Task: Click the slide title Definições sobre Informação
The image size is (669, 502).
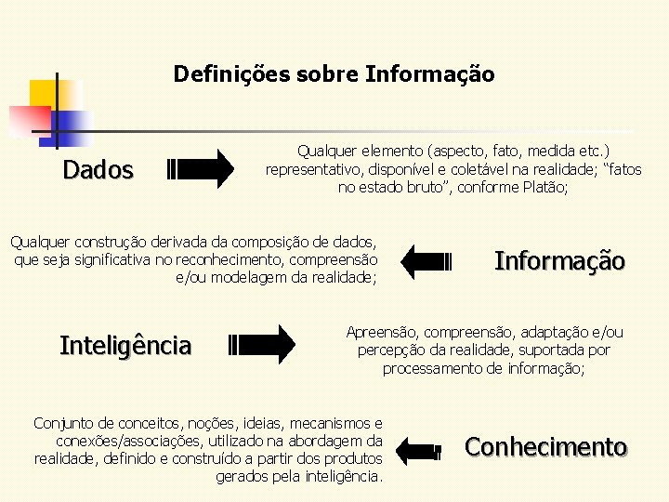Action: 334,73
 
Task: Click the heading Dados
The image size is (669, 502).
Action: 98,170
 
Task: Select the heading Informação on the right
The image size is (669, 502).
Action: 559,260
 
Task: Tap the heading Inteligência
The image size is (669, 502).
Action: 125,346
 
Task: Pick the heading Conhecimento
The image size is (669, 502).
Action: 545,447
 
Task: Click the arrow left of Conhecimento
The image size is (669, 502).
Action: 419,450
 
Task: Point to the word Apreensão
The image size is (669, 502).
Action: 381,332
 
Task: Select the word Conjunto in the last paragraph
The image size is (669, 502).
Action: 64,424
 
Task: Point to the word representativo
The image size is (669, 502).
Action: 309,169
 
